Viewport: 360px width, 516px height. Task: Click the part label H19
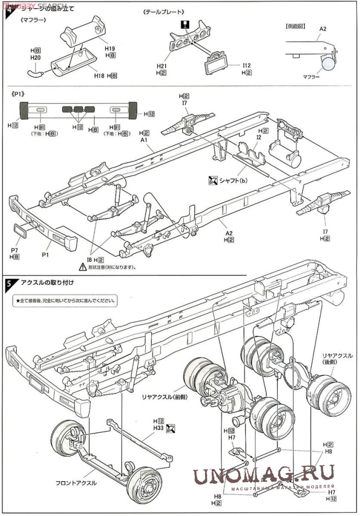(110, 48)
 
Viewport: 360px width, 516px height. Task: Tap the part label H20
(35, 58)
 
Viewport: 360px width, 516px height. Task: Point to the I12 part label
(247, 66)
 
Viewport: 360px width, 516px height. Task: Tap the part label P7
(14, 250)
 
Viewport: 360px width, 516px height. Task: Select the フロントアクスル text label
(76, 483)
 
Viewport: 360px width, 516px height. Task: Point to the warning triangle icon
(82, 266)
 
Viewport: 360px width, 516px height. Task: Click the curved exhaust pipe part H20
(36, 74)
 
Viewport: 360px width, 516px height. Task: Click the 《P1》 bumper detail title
(18, 94)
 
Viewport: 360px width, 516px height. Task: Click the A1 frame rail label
(144, 140)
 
